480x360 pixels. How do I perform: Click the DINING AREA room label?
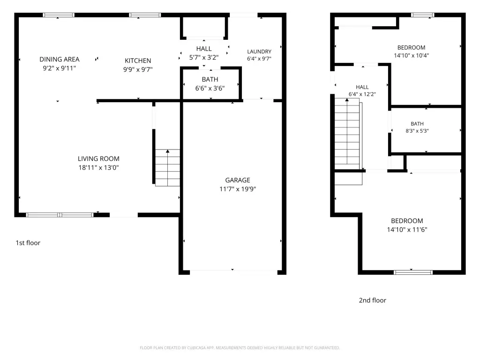point(60,59)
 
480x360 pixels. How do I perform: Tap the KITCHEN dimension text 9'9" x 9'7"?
point(138,69)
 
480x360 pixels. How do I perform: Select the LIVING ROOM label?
point(98,158)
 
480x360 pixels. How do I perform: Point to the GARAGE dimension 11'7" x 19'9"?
point(238,189)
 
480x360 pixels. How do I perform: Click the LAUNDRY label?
point(259,52)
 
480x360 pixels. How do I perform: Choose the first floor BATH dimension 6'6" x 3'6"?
point(210,88)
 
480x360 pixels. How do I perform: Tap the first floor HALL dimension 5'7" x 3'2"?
point(204,57)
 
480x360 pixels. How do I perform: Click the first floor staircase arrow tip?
point(167,150)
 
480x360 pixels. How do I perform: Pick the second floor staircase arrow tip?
point(347,99)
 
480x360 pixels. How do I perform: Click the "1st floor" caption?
point(28,243)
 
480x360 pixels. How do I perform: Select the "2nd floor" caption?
point(373,300)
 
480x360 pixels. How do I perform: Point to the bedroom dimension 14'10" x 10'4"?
point(412,55)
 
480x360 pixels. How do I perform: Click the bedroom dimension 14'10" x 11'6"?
point(407,230)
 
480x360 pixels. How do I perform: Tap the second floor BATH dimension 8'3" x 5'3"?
point(417,131)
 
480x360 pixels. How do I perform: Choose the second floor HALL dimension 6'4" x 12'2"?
point(362,94)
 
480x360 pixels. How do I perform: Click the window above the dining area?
point(59,15)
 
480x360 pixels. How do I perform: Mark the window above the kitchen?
point(145,15)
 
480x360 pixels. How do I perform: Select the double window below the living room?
point(60,215)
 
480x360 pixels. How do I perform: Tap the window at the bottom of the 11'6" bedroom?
point(413,272)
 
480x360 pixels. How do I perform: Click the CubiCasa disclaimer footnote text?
point(240,348)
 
